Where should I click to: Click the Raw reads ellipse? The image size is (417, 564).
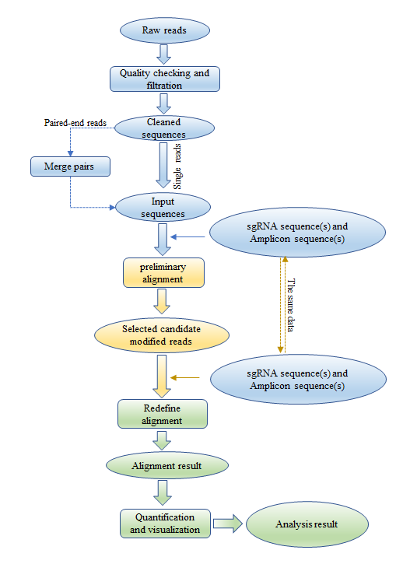pos(165,30)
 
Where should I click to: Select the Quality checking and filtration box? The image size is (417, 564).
pos(165,79)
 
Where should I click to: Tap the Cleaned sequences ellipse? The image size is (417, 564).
pos(164,128)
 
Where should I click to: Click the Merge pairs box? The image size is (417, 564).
pos(70,166)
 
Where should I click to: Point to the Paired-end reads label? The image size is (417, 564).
pos(75,123)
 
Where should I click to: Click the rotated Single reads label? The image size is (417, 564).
pos(177,166)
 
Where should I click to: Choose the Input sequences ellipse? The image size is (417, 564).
pos(163,207)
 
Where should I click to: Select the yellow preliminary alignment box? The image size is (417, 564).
pos(163,272)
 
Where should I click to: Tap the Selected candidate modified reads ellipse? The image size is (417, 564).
pos(162,335)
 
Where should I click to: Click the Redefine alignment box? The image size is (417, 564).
pos(163,414)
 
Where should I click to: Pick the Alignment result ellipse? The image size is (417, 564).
pos(167,465)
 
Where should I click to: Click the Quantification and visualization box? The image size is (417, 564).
pos(165,524)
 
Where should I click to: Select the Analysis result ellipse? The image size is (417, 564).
pos(307,524)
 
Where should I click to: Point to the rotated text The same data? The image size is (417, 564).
pos(291,305)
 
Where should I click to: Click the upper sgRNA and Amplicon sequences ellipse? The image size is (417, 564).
pos(297,233)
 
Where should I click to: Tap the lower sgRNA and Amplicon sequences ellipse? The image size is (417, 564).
pos(298,380)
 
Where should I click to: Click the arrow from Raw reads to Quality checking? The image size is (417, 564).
pos(163,54)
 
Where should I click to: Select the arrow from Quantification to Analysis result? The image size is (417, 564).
pos(228,524)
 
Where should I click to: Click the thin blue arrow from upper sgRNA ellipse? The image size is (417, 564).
pos(187,236)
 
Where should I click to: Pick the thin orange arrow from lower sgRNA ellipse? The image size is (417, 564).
pos(185,377)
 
